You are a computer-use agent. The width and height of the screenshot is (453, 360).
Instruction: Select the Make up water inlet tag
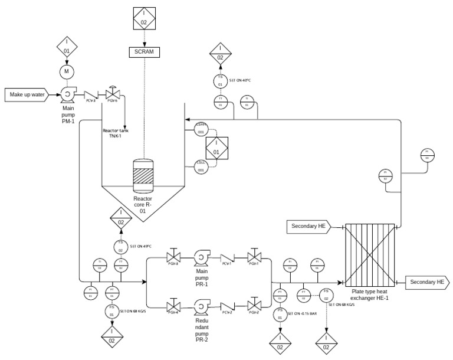tap(27, 94)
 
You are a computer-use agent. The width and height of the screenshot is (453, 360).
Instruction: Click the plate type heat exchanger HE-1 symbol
tap(369, 254)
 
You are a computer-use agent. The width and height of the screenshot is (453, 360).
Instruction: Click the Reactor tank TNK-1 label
tap(116, 133)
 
